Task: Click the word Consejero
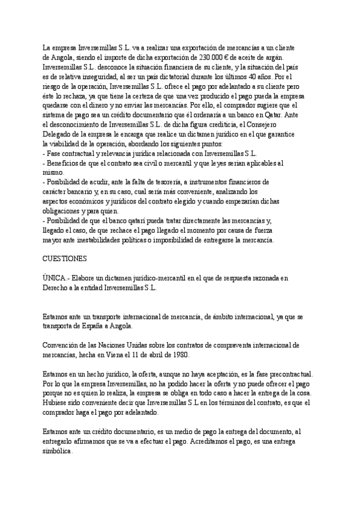(276, 124)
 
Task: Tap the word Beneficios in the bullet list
(65, 163)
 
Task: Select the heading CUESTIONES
(65, 259)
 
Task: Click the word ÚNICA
(56, 278)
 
